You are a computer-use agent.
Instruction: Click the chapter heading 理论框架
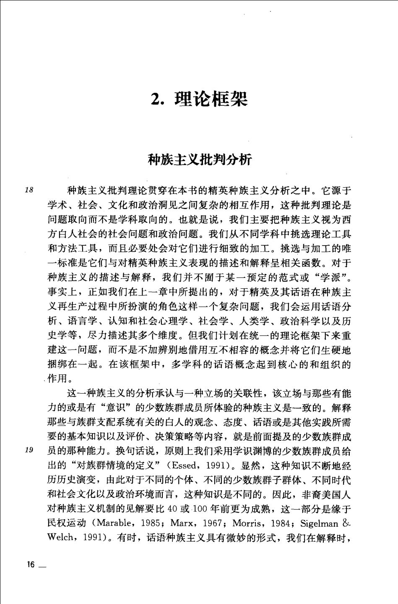click(x=211, y=99)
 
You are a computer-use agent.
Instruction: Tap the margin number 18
click(x=29, y=190)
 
